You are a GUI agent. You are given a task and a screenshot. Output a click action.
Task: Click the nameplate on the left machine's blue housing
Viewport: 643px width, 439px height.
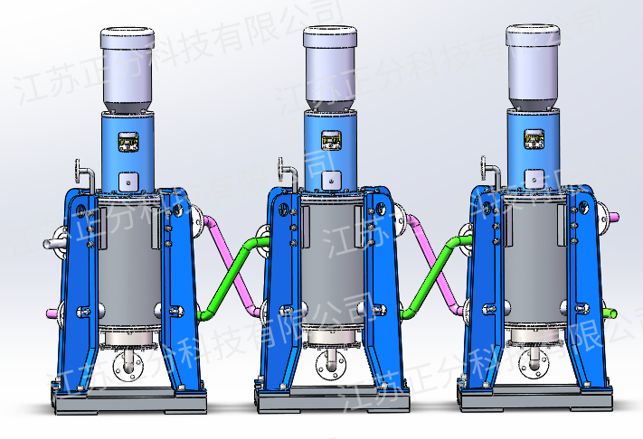coord(129,142)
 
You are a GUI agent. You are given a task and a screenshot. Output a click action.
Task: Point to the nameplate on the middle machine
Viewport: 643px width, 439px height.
coord(332,141)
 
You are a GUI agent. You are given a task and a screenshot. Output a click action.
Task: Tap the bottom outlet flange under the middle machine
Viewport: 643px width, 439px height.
coord(331,366)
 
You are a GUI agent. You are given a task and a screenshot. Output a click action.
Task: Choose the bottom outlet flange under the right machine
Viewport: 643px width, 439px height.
coord(532,364)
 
